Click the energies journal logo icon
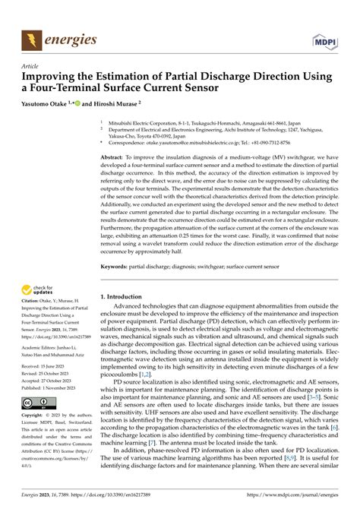[33, 37]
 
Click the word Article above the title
[33, 66]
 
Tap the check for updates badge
[42, 289]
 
